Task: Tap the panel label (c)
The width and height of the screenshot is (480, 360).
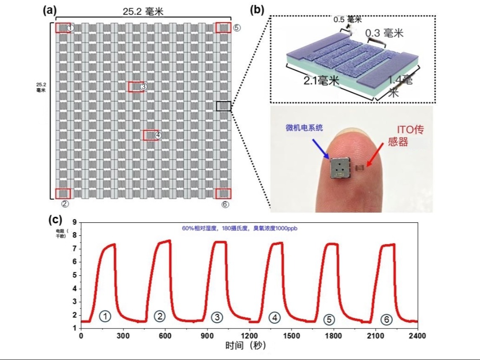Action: pyautogui.click(x=56, y=219)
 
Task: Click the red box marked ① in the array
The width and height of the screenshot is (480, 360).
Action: pyautogui.click(x=63, y=28)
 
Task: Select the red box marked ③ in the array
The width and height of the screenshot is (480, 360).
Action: pyautogui.click(x=136, y=86)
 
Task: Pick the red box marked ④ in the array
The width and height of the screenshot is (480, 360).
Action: pyautogui.click(x=150, y=135)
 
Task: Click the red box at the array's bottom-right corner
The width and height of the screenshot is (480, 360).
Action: pyautogui.click(x=223, y=193)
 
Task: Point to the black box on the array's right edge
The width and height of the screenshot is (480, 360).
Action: pyautogui.click(x=224, y=106)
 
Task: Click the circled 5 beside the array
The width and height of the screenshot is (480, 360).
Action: pyautogui.click(x=237, y=28)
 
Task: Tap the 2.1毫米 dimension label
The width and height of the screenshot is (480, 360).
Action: pyautogui.click(x=321, y=81)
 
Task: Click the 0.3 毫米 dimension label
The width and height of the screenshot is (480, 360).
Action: pyautogui.click(x=384, y=33)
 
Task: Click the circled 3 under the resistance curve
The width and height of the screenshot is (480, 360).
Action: pyautogui.click(x=217, y=317)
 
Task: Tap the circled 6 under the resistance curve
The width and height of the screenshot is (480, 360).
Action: pyautogui.click(x=386, y=319)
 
